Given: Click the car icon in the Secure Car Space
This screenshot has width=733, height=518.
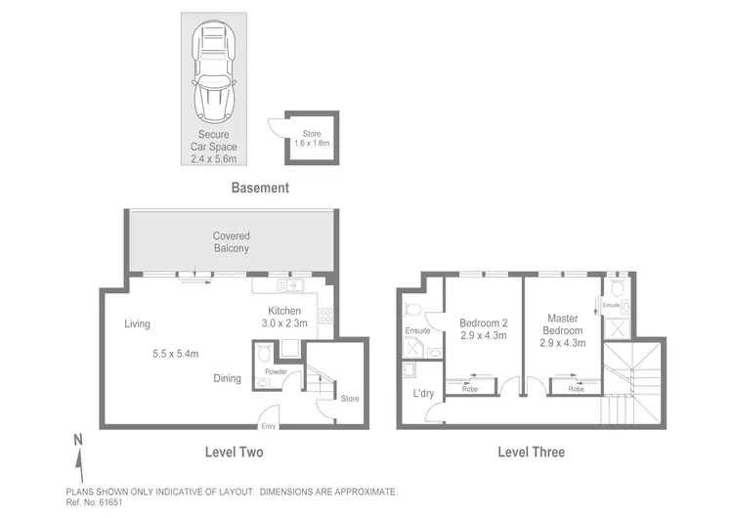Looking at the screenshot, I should pyautogui.click(x=214, y=68).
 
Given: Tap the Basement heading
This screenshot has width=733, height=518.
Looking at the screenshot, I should pyautogui.click(x=259, y=188).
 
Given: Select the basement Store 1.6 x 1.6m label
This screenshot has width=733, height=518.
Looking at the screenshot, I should pyautogui.click(x=312, y=138).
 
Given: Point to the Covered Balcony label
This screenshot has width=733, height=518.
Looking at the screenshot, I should pyautogui.click(x=232, y=242).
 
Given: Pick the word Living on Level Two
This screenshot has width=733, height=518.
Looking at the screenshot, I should pyautogui.click(x=137, y=324).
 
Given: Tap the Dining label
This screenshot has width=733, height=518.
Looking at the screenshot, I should pyautogui.click(x=228, y=378).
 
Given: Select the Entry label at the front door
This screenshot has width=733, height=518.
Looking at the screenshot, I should pyautogui.click(x=269, y=427).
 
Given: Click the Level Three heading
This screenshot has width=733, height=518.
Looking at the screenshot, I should pyautogui.click(x=531, y=453).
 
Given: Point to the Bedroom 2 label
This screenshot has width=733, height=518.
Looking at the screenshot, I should pyautogui.click(x=484, y=328).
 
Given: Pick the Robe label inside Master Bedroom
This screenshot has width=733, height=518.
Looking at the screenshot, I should pyautogui.click(x=577, y=389).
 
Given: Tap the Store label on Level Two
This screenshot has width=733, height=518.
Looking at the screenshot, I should pyautogui.click(x=350, y=398).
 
